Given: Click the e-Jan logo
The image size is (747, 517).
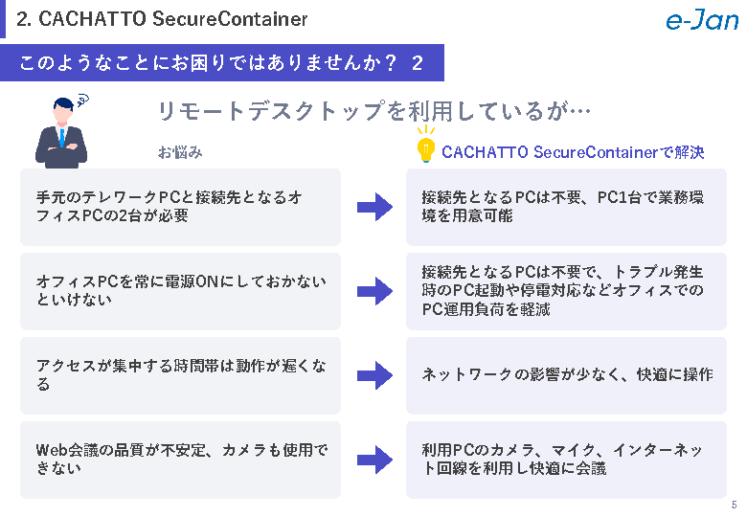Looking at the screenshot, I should point(701,20).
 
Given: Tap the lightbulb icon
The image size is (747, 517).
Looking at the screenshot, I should point(424,147).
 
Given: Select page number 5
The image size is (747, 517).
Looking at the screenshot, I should point(734,506).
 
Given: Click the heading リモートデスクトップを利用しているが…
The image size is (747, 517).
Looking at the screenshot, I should point(373,111).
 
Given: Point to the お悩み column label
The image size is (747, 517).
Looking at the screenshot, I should point(180,152).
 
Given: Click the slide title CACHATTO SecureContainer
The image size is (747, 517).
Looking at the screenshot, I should point(163,19).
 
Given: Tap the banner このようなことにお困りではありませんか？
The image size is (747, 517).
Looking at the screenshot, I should point(220,63).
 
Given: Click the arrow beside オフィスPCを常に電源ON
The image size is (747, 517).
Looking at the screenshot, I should point(374,291).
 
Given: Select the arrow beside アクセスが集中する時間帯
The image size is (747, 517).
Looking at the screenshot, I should point(374,375).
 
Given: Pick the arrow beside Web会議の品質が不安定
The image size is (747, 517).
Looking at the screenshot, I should point(374,460).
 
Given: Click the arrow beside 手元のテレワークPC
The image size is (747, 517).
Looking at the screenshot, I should point(374,207).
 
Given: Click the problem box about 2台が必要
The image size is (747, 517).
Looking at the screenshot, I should point(180,207).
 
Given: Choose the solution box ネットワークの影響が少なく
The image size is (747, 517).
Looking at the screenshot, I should point(566,375).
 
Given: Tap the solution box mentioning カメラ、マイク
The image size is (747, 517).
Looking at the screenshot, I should point(566,460).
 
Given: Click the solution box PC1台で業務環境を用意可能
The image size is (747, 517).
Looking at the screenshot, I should point(566,207).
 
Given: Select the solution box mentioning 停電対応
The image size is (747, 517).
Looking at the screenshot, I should point(566,291).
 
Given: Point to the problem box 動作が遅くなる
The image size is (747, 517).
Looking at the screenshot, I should point(180,375).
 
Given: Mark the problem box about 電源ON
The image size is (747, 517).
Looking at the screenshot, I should point(180,291).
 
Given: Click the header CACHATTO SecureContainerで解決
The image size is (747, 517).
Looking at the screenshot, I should point(573,152).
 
